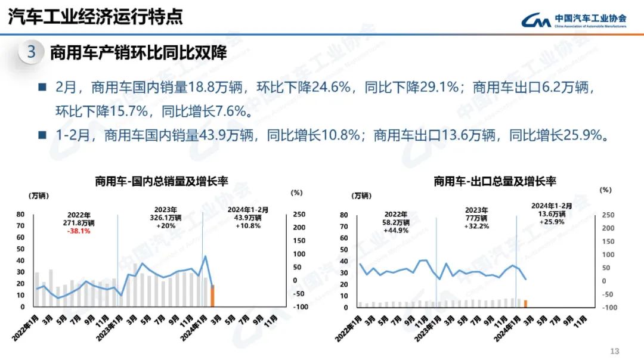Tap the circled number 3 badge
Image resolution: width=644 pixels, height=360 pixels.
[x=31, y=52]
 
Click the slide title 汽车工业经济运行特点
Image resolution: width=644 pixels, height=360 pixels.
[x=95, y=17]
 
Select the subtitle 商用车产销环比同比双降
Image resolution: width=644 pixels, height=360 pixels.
[x=138, y=52]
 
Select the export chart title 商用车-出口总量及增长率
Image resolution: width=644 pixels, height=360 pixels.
[x=495, y=181]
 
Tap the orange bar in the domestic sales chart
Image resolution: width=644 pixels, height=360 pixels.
[x=212, y=296]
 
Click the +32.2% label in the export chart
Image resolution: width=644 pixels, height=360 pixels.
[x=476, y=226]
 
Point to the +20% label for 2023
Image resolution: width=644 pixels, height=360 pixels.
[x=166, y=226]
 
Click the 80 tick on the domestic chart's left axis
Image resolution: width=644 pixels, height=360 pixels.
[x=20, y=215]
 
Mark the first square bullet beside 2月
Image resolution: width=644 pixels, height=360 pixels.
[x=42, y=87]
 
